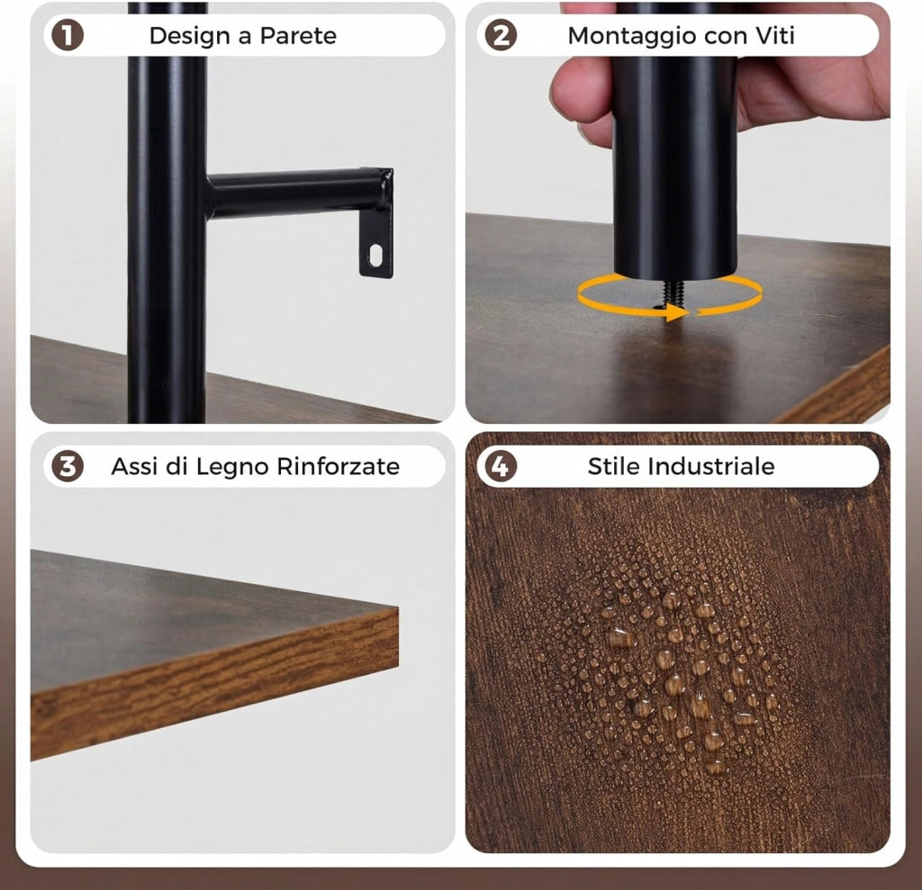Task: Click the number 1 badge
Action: [67, 35]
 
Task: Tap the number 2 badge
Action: [501, 35]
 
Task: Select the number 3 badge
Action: [67, 466]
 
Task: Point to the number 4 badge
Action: [501, 466]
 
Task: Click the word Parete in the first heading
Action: [298, 36]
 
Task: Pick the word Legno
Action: [231, 467]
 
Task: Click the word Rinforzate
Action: [339, 466]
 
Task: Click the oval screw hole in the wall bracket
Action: [375, 255]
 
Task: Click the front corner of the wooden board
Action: [398, 609]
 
